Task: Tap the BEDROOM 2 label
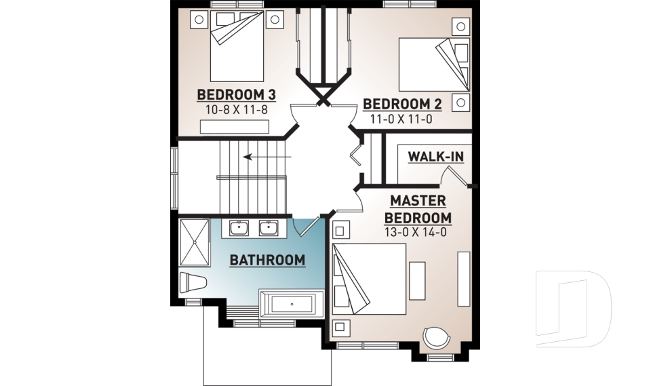pos(402,104)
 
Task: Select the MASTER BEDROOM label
pos(418,210)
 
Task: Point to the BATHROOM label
pos(267,260)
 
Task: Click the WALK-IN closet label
pos(435,157)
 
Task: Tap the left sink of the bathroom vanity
pos(238,228)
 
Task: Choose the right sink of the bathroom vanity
pos(269,228)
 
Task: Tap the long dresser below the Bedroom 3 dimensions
pos(235,127)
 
